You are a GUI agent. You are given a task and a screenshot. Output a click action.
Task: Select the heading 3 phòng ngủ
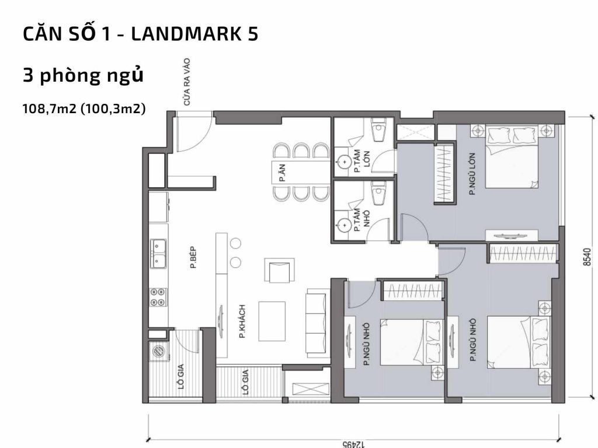coord(82,76)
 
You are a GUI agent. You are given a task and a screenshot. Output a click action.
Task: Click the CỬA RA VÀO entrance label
coord(187,82)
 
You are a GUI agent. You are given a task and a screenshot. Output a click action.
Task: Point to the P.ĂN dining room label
coord(282,173)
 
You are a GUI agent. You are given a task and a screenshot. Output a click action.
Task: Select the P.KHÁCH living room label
coord(241,321)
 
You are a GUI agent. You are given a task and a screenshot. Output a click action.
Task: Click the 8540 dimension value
coord(588,257)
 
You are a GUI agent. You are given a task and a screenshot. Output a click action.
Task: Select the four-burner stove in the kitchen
coord(158,297)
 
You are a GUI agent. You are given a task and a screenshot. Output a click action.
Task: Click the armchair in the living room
coord(277,271)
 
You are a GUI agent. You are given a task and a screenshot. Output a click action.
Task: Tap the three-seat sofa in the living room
coord(318,323)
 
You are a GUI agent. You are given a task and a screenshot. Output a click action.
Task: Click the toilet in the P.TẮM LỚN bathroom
coord(379,131)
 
